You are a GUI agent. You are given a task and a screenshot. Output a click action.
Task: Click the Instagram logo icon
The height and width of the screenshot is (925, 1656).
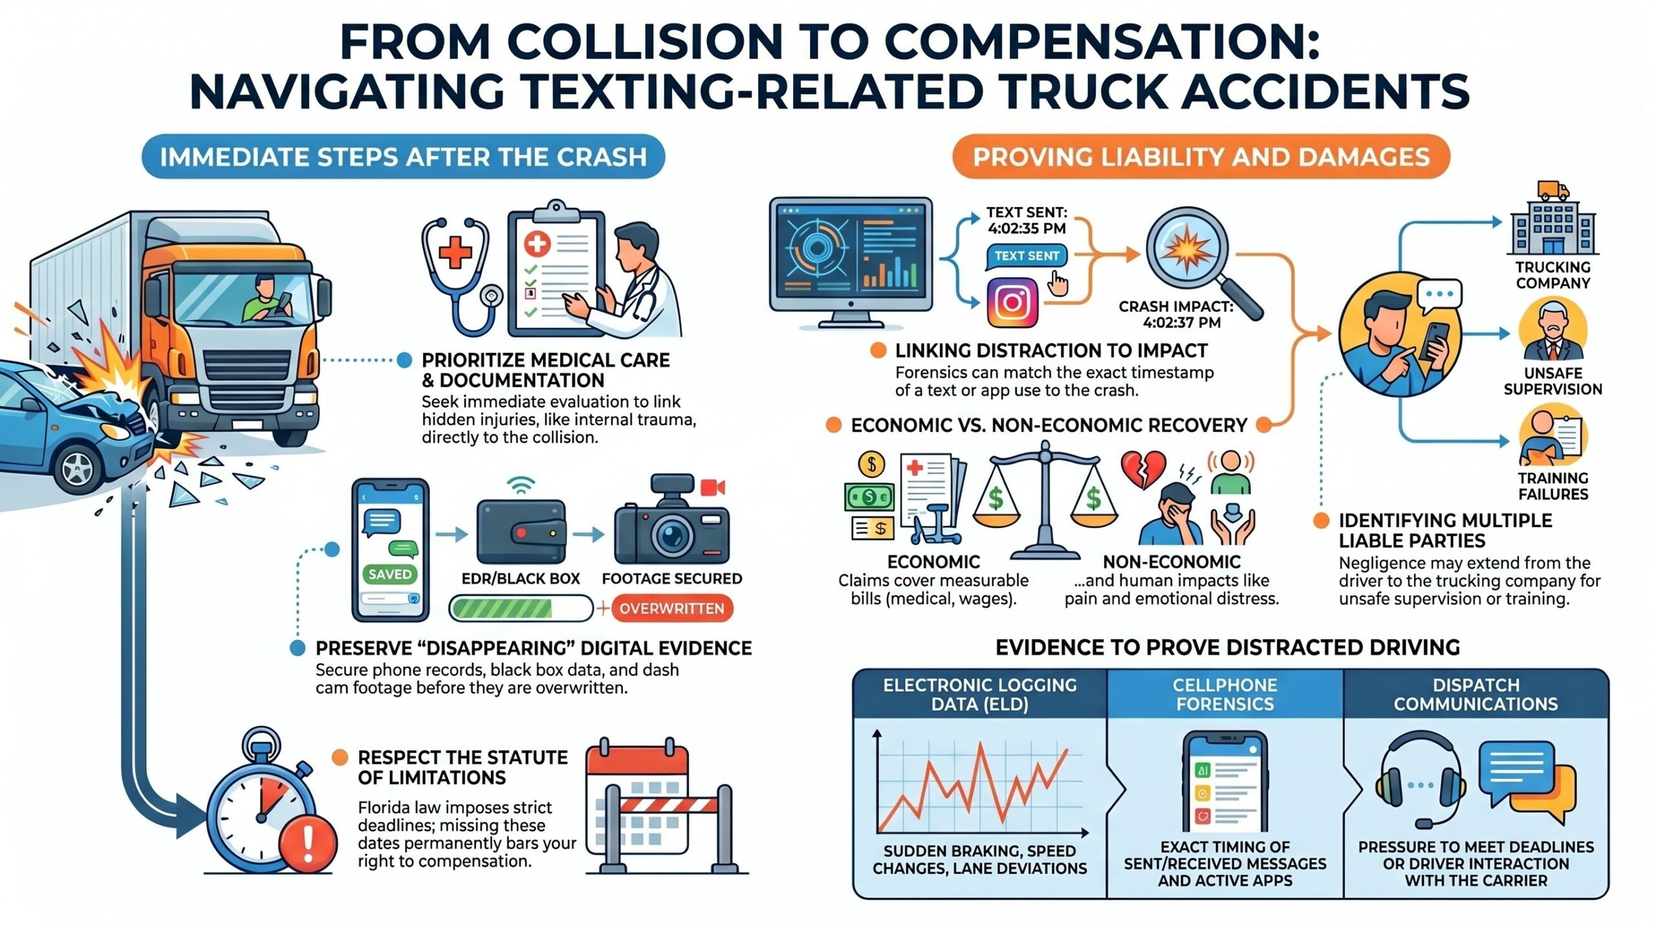pos(1012,302)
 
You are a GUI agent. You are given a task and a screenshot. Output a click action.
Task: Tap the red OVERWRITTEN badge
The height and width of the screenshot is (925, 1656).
pos(671,608)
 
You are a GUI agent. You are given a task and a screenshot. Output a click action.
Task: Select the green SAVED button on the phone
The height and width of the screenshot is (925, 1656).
pos(390,574)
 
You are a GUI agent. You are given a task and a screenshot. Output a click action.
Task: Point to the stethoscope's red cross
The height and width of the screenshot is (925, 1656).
pos(455,252)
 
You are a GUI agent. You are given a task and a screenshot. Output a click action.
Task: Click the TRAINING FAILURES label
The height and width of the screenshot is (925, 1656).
pos(1553,486)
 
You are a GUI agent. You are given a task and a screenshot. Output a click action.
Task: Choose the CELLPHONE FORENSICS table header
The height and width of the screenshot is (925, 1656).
pos(1225,694)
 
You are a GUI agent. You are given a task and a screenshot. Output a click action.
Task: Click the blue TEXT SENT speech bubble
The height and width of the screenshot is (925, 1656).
pos(1026,256)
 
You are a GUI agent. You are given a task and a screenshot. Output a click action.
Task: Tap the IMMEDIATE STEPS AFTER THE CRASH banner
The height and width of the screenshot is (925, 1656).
pos(404,157)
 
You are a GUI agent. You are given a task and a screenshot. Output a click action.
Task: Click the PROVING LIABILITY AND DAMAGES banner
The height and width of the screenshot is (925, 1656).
pos(1201,157)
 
